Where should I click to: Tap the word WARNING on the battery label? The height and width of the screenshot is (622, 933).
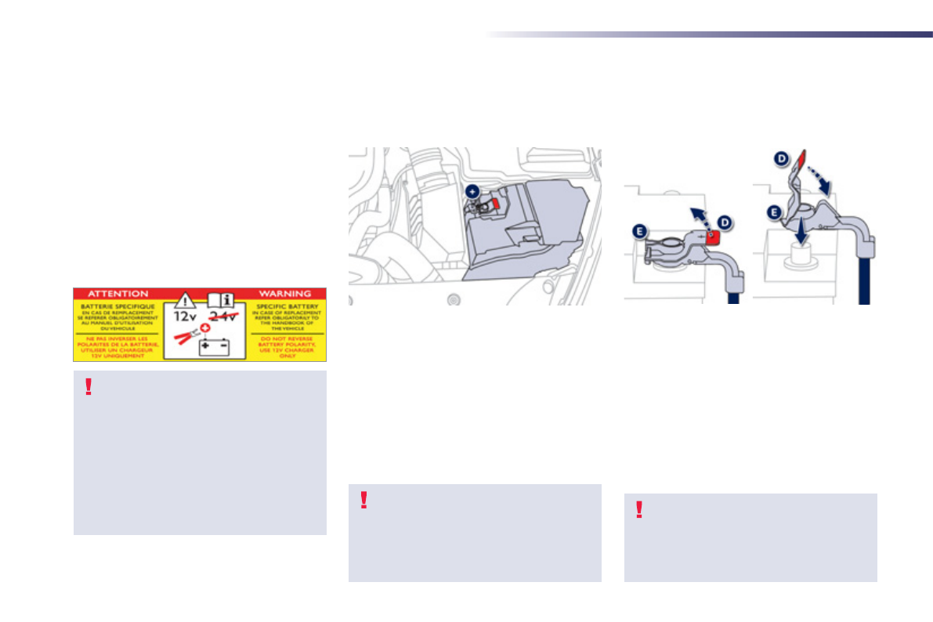pos(284,293)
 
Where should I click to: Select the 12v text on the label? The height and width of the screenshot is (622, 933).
pos(186,316)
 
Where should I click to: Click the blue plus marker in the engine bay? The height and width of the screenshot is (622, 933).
pos(472,191)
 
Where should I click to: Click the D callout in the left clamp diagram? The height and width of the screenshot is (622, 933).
pos(725,223)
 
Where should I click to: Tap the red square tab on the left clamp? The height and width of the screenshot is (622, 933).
pos(711,237)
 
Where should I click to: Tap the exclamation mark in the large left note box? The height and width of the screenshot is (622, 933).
pos(89,387)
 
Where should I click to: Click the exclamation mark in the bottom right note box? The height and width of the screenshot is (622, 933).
pos(639,510)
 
